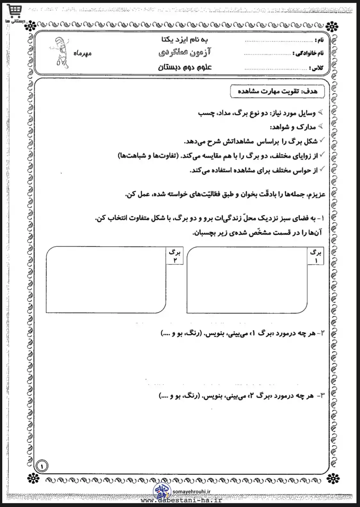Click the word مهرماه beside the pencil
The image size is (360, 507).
point(83,53)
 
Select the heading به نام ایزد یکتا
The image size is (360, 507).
point(185,40)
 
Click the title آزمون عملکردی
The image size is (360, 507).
point(185,52)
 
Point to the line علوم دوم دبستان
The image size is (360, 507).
point(185,67)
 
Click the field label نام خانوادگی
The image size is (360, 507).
point(308,53)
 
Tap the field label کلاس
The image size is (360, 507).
point(316,68)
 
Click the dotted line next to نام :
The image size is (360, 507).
point(278,41)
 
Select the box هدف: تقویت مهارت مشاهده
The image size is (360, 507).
point(277,91)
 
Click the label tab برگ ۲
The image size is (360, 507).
point(175,256)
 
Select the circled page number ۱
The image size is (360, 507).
point(42,466)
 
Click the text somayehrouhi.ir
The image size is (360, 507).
point(191,492)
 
